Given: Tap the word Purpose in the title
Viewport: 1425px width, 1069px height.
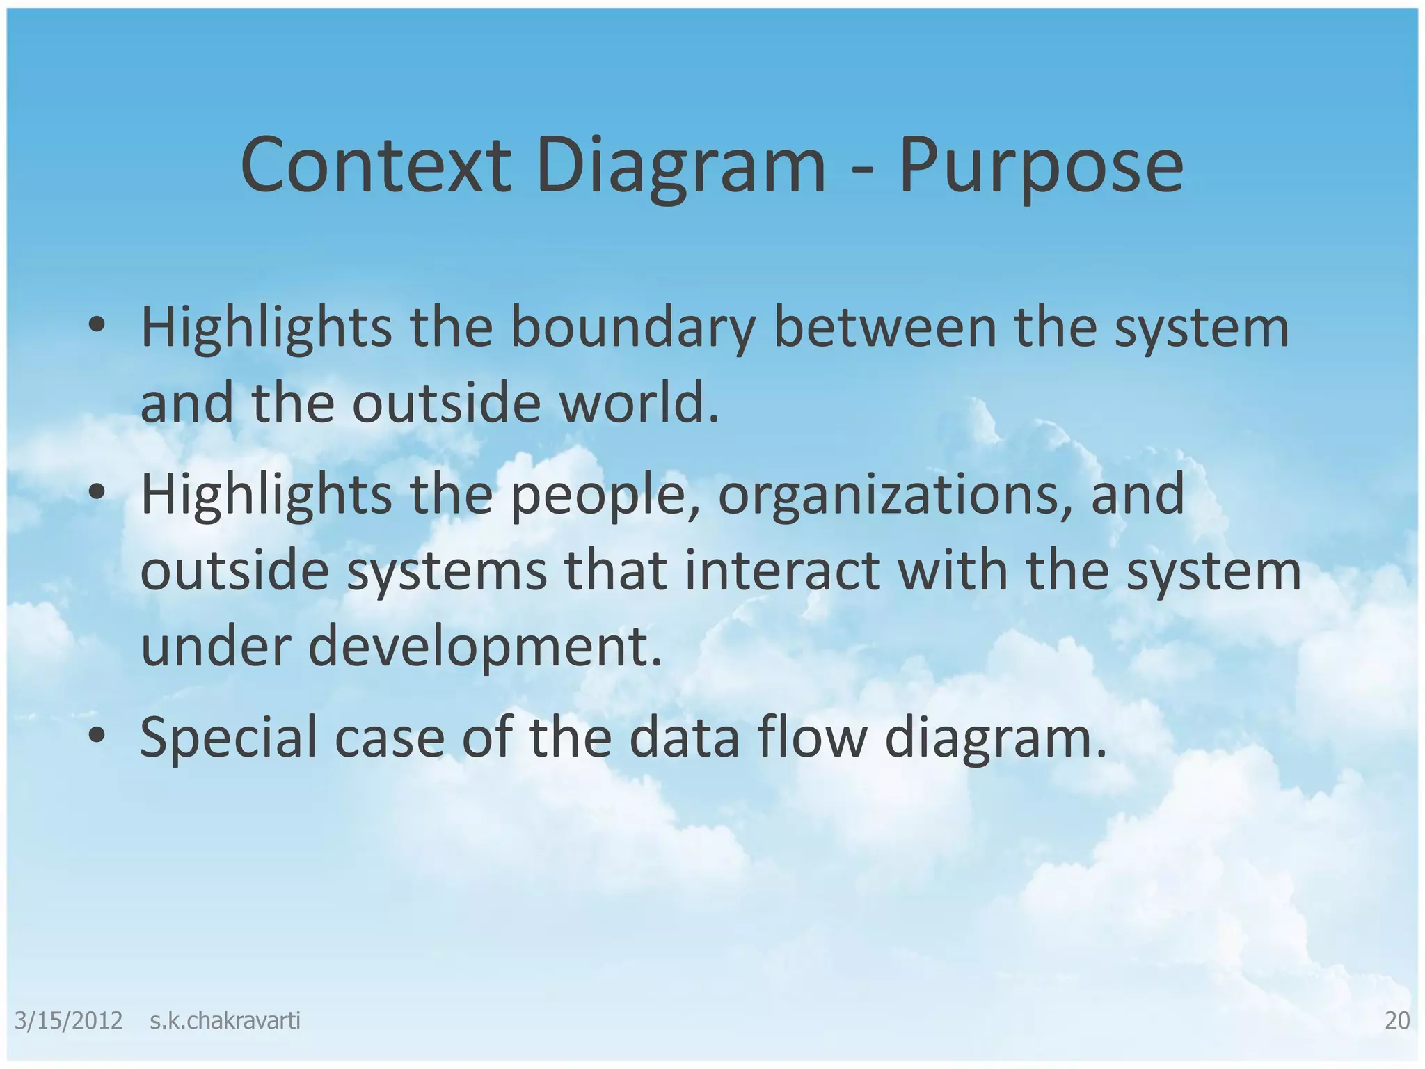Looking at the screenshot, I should pyautogui.click(x=1041, y=167).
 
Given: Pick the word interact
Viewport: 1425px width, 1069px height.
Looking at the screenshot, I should pyautogui.click(x=782, y=571).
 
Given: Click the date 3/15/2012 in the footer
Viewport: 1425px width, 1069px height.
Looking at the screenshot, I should pyautogui.click(x=68, y=1021).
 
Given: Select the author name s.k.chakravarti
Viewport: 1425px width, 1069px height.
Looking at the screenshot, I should pyautogui.click(x=225, y=1021).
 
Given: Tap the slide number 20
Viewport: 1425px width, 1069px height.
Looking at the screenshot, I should pyautogui.click(x=1397, y=1021).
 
